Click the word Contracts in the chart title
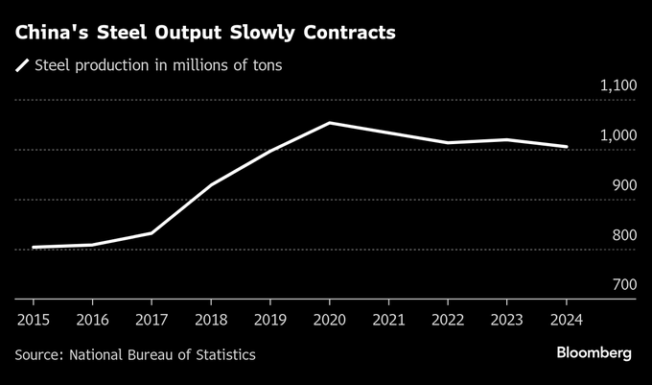346,33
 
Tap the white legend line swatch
22,66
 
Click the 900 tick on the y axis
623,185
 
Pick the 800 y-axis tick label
623,235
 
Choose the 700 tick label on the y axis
623,285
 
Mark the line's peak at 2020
329,123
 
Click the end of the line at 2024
567,147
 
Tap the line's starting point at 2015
34,248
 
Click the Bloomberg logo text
594,353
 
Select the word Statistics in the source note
222,355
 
